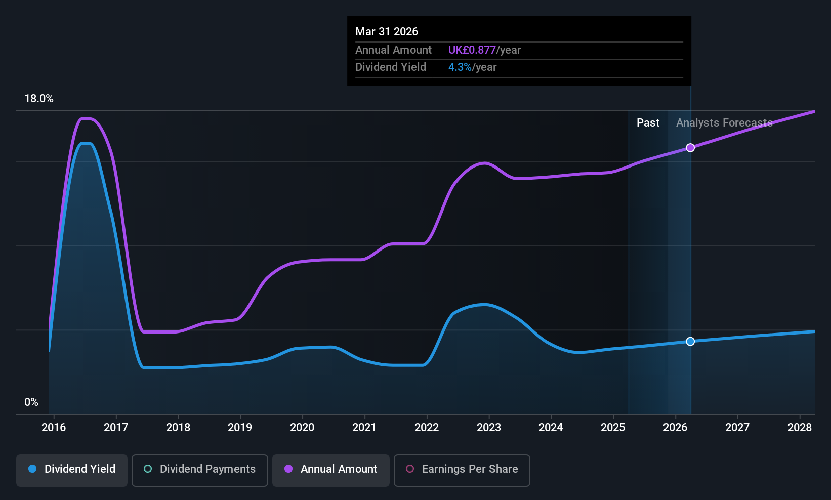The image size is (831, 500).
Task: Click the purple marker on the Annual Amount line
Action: (690, 148)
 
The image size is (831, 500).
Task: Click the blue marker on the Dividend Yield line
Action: (690, 342)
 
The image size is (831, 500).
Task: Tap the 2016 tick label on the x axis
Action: (54, 428)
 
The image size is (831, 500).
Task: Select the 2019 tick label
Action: (240, 428)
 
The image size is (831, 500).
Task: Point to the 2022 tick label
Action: (427, 428)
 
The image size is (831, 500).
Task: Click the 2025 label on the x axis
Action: (613, 428)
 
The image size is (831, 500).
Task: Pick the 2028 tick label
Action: (800, 428)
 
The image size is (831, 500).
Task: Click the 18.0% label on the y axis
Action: (39, 99)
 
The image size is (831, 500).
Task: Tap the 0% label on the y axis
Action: (31, 402)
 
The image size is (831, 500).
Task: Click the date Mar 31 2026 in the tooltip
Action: (387, 31)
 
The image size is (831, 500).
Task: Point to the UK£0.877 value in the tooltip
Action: (472, 50)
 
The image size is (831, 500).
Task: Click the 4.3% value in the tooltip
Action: (460, 67)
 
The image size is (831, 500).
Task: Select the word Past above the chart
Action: (648, 123)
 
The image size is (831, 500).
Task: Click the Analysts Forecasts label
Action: (724, 123)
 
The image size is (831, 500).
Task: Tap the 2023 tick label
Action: (489, 428)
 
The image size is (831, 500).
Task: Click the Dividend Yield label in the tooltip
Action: (391, 67)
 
